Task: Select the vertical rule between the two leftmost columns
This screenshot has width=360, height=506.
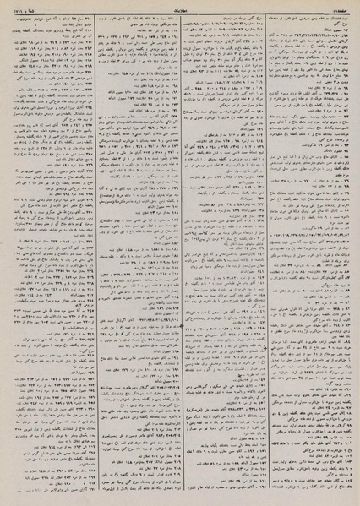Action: pyautogui.click(x=82, y=253)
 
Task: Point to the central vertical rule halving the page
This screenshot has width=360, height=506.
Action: pyautogui.click(x=180, y=253)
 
